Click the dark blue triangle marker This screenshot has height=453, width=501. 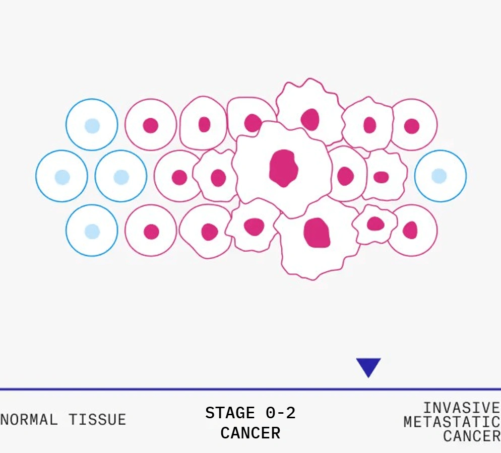368,366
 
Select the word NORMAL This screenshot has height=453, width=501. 29,419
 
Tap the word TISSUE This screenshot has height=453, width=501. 97,419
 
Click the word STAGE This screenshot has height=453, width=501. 230,413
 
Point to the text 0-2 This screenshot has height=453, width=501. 280,413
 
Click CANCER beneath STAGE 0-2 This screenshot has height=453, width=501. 250,433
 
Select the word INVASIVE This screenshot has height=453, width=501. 461,408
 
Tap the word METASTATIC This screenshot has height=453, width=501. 452,422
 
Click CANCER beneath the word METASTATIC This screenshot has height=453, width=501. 471,436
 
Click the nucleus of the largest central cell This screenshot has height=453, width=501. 283,168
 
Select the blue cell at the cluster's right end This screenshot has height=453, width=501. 441,176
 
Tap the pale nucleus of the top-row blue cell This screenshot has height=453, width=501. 92,125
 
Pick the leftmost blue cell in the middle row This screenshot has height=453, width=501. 61,177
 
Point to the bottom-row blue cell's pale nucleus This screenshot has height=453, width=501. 92,231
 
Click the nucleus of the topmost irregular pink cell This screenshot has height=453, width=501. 310,119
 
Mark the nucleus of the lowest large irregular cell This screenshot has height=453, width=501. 317,233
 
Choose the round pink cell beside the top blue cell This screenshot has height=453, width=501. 151,125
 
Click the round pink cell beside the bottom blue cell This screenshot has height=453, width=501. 151,231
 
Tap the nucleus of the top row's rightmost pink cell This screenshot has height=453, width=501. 412,126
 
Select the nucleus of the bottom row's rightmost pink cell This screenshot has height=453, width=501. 410,230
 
